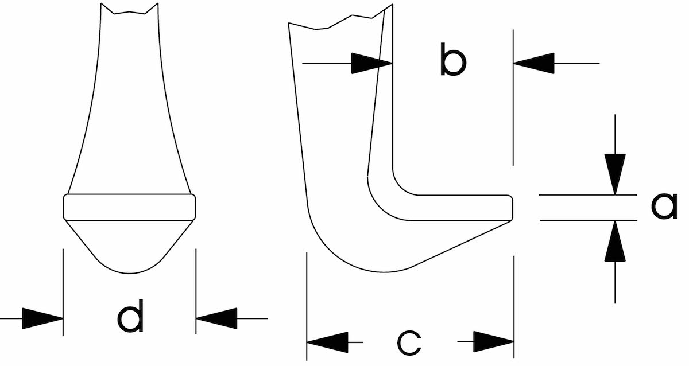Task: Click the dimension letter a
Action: (x=665, y=207)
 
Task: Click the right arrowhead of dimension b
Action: (x=534, y=63)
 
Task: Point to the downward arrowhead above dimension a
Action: (x=615, y=174)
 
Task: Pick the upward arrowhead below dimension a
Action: (x=615, y=241)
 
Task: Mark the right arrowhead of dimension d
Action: (x=216, y=318)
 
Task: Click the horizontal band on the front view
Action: (x=129, y=207)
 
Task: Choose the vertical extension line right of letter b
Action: (x=513, y=98)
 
